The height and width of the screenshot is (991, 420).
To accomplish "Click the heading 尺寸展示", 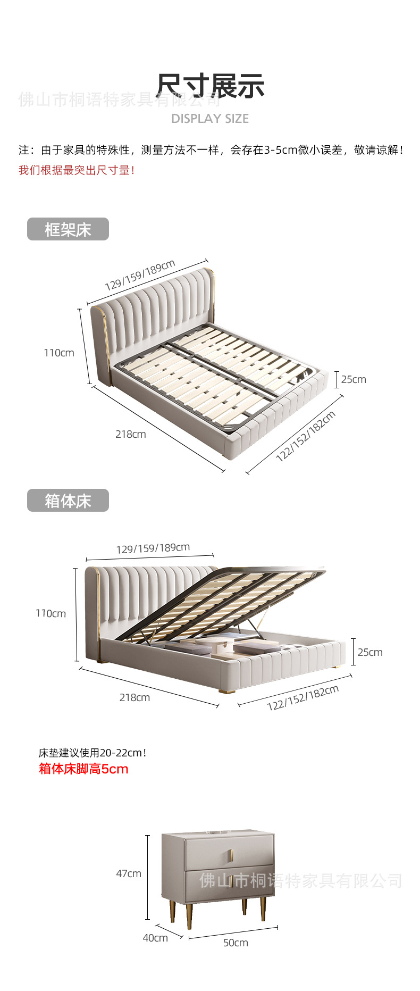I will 211,86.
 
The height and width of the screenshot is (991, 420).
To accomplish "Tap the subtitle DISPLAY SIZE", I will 210,119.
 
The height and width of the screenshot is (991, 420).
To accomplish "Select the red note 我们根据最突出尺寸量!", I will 77,170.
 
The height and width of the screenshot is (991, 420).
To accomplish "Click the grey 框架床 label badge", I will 68,229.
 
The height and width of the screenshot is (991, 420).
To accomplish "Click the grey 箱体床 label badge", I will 68,501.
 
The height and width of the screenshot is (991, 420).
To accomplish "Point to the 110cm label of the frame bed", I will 59,353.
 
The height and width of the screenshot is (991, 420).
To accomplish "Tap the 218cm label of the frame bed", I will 131,434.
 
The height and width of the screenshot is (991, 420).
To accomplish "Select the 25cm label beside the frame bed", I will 354,379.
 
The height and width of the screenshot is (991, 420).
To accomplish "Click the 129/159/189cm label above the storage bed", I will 153,548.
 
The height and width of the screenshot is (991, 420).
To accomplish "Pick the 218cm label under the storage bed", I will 135,697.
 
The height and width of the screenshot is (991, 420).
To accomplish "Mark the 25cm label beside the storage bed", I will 370,652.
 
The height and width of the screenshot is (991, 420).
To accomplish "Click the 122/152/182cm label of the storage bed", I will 303,698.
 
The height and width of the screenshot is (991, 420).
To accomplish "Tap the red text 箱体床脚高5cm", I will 83,769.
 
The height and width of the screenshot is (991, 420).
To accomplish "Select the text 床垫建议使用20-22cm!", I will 92,753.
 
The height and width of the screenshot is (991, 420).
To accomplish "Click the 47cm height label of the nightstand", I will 129,873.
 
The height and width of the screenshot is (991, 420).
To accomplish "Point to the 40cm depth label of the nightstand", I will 155,938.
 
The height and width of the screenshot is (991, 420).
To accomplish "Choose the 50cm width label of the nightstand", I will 236,943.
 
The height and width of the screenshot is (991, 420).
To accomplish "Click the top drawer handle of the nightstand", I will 231,856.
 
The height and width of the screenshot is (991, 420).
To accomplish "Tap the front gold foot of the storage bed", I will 228,691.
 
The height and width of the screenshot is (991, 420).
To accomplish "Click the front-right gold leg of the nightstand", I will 263,909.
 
